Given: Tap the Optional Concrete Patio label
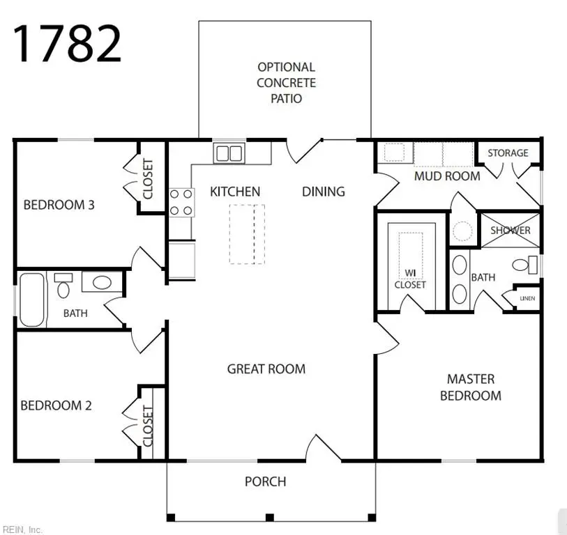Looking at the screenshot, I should (286, 83).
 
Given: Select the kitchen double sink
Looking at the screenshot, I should (228, 153).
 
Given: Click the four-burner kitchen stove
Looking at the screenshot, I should (181, 202).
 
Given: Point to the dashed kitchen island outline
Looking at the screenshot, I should (248, 234).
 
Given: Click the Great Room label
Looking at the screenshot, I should (266, 369).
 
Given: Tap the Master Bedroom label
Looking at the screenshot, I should (474, 387).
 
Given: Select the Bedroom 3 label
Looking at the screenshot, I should (59, 205).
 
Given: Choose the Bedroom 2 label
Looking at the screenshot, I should (56, 405).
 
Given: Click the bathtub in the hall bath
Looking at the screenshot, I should (31, 300).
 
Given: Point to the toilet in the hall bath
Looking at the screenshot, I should (63, 286).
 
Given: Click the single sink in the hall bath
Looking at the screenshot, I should (102, 282).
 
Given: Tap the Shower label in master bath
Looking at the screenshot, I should (511, 231).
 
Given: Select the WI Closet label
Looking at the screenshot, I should (410, 279).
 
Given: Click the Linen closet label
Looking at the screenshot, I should (527, 299).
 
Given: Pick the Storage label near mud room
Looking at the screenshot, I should (508, 153).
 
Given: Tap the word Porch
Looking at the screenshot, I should (265, 481).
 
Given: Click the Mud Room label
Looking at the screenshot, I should (447, 176).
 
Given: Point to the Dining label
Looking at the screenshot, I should (323, 191).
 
